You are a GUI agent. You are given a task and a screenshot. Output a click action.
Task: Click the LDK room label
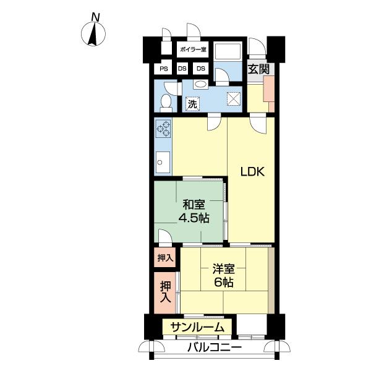[x=252, y=171]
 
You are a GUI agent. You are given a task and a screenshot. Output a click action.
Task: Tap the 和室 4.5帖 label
[x=194, y=211]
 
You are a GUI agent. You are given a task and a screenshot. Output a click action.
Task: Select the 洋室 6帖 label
[x=224, y=275]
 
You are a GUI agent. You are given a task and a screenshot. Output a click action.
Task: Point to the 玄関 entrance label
[x=258, y=69]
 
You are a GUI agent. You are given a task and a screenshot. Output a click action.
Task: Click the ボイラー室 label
[x=193, y=49]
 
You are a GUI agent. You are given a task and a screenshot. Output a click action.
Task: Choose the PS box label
[x=164, y=69]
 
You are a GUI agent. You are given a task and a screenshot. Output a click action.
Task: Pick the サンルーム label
[x=197, y=328]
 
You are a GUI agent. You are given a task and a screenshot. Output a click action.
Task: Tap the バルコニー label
[x=215, y=348]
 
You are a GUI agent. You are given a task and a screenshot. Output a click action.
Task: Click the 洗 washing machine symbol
[x=192, y=104]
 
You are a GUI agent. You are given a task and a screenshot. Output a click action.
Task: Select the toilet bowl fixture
[x=166, y=103]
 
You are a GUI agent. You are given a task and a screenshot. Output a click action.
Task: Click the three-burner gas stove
[x=163, y=129]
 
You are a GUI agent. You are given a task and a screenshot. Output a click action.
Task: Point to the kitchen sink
[x=163, y=162]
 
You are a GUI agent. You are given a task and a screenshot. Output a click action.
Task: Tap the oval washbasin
[x=200, y=84]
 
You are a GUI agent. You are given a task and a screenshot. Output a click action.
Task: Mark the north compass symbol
[x=93, y=34]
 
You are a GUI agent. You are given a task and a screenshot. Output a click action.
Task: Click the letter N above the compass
[x=95, y=17]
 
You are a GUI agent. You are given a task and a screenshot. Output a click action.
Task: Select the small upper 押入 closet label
[x=165, y=258]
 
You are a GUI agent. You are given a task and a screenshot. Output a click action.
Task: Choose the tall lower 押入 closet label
[x=165, y=292]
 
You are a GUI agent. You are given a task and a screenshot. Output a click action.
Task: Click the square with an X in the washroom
[x=234, y=98]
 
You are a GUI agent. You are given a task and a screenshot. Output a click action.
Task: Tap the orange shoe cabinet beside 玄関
[x=269, y=93]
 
